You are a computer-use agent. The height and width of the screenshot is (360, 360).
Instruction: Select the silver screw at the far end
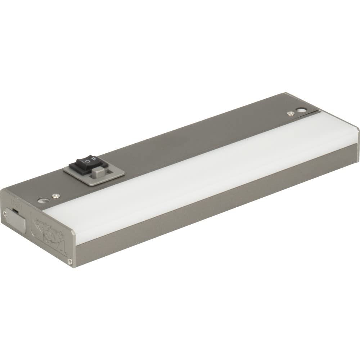click(289, 114)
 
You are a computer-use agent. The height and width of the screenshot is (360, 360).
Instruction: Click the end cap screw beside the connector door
click(5, 214)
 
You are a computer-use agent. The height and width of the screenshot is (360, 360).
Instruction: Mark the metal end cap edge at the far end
click(356, 133)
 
